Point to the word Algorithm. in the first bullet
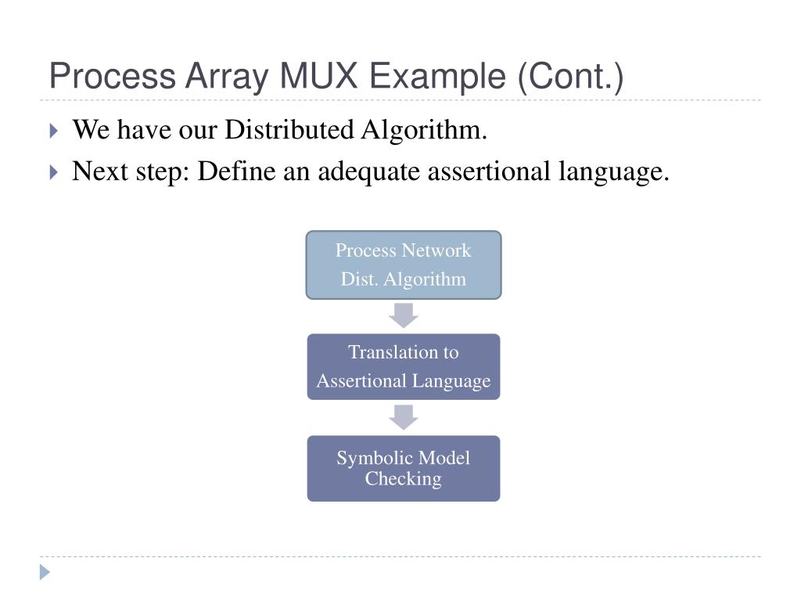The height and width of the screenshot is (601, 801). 423,130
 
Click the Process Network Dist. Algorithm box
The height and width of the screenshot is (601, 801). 403,265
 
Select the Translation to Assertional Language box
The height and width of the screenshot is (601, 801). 403,366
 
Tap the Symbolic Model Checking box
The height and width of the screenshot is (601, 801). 403,468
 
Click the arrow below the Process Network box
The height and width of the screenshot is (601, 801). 403,315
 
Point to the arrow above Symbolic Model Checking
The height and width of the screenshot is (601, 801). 403,417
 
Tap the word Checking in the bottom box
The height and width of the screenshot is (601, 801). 403,479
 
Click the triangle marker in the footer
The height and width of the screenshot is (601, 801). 45,572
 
